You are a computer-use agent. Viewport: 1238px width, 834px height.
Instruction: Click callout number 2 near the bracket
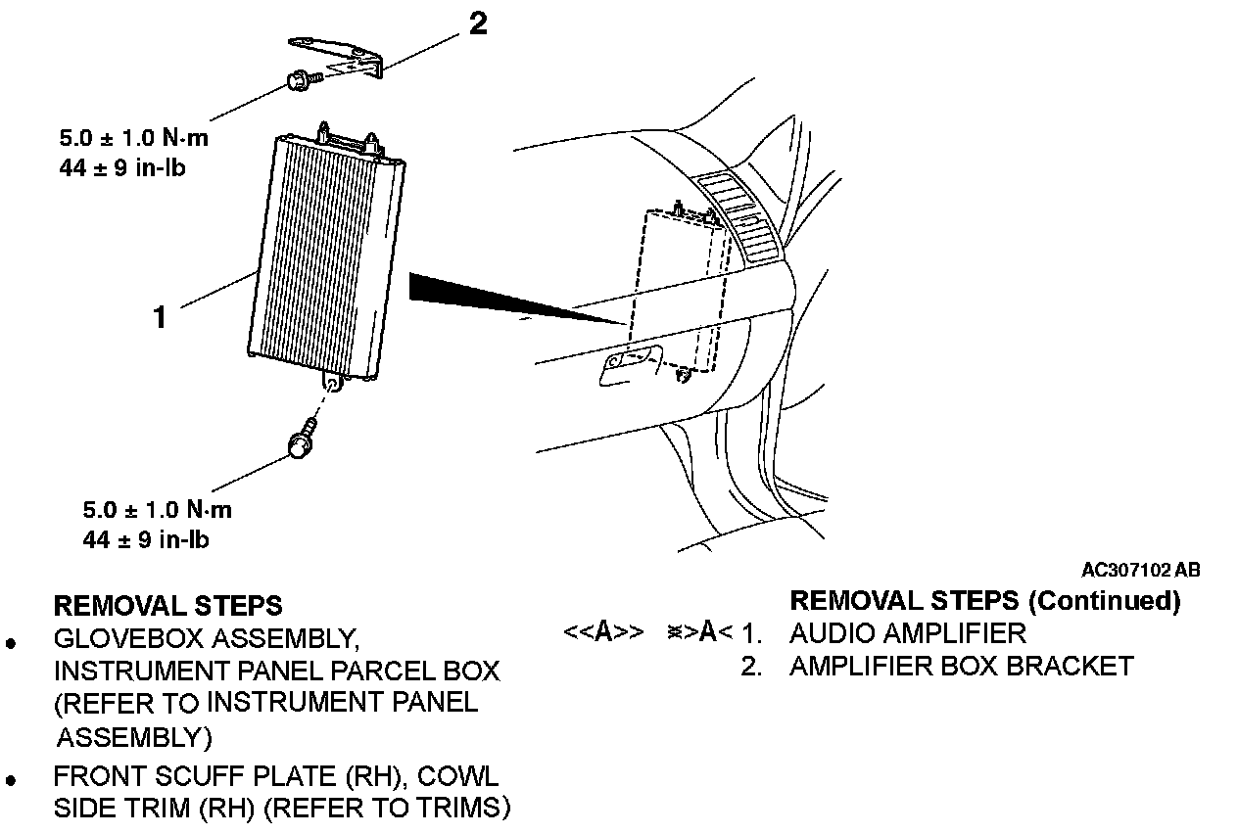click(478, 23)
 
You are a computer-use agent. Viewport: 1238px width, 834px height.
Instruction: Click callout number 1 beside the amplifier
click(160, 315)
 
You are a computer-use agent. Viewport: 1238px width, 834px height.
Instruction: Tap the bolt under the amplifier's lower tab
click(302, 440)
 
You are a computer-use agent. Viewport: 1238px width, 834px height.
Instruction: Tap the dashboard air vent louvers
click(744, 215)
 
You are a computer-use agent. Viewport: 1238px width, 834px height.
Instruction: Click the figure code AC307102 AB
click(1140, 570)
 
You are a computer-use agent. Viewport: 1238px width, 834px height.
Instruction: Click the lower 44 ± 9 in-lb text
click(146, 539)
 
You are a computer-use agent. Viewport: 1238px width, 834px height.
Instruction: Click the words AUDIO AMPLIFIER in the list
click(908, 632)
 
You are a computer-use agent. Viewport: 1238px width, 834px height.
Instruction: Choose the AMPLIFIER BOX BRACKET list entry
click(961, 667)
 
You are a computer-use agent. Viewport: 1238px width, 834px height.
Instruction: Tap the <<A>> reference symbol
click(603, 632)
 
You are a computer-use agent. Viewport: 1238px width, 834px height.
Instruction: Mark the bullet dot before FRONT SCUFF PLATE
click(12, 781)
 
